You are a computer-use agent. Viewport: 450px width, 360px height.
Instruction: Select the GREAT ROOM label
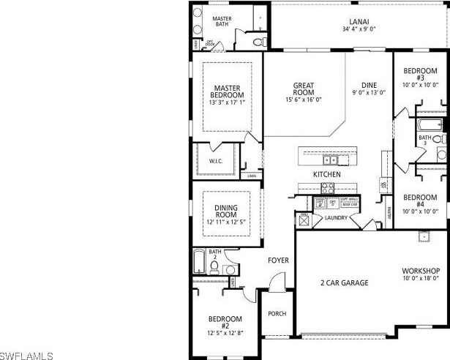304,89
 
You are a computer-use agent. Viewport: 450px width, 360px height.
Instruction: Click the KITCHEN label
326,175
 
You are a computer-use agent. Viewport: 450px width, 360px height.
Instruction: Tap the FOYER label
278,260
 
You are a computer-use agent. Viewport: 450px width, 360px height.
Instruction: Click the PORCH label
277,314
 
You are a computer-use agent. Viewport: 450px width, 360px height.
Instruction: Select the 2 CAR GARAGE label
344,282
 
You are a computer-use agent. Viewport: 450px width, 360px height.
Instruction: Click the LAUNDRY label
336,218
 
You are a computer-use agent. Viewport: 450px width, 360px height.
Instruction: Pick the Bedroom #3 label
420,75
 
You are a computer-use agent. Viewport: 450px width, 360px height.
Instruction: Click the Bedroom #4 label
420,201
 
